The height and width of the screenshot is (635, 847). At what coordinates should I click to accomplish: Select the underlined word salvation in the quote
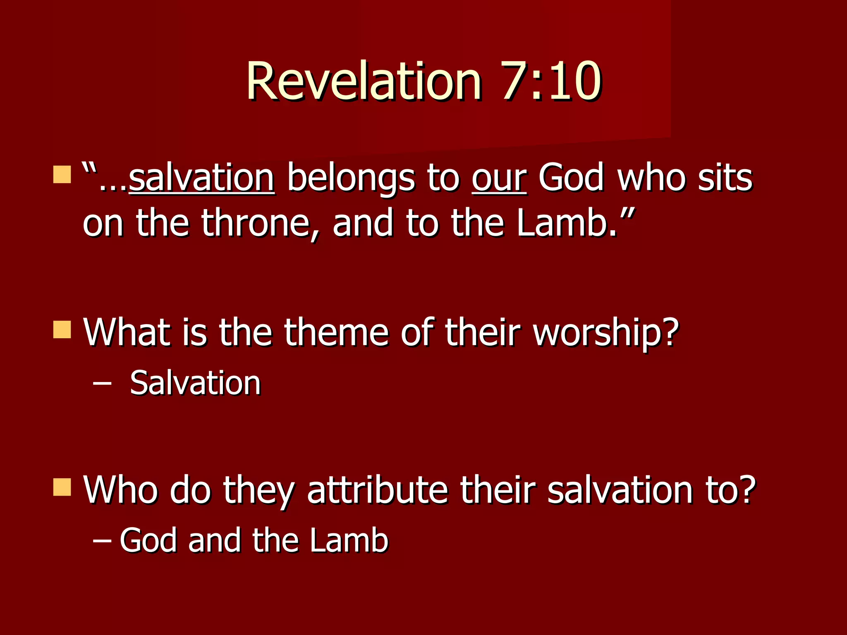pos(201,179)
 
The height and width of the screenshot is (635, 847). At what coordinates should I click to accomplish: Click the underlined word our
pos(499,179)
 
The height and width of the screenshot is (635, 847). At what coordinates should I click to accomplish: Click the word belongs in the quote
pos(351,179)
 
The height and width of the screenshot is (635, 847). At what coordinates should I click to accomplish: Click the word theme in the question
pos(336,333)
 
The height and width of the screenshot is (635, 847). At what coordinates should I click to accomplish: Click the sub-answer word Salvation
pos(195,383)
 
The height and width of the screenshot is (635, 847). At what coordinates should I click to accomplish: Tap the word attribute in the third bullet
pos(378,490)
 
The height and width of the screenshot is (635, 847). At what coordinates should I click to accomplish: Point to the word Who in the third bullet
pos(120,490)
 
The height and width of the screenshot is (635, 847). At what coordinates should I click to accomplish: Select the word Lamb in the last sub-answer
pos(349,540)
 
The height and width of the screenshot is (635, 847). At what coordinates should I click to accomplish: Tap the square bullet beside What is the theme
pos(62,329)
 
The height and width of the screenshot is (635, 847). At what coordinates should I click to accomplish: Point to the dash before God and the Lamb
pos(102,540)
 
